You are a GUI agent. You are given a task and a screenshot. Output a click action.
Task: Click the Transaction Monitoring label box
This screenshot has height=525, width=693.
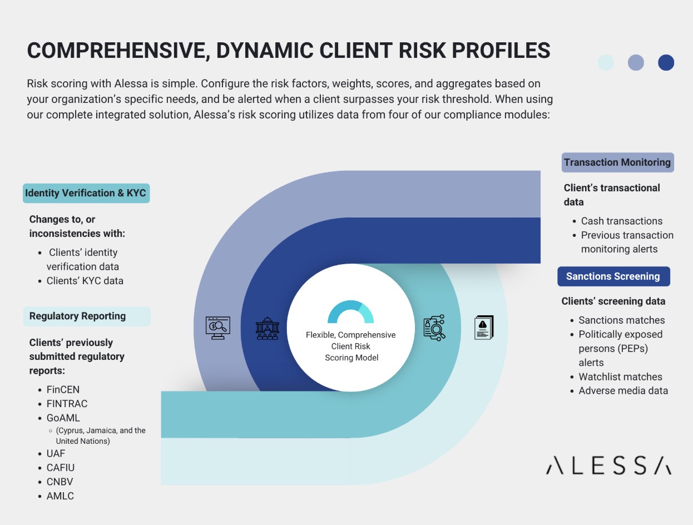[617, 162]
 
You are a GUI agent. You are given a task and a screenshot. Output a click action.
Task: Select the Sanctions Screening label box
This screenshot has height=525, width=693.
[613, 276]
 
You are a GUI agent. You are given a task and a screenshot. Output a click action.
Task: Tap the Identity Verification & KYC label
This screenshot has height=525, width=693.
[86, 193]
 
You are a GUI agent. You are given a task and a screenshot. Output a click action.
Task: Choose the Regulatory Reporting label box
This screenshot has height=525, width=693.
[86, 316]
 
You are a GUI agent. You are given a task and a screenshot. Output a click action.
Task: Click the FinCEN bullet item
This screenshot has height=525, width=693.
[63, 389]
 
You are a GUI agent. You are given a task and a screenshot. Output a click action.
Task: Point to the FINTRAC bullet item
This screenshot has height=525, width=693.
[67, 404]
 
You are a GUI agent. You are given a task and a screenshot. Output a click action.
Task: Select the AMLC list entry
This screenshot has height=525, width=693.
[60, 496]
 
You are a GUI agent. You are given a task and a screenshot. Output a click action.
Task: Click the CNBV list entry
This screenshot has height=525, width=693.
[60, 482]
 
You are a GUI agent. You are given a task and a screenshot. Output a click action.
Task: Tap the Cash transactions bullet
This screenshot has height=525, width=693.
[621, 221]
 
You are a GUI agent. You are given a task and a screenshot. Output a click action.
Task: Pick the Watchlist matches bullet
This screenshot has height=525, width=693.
[620, 377]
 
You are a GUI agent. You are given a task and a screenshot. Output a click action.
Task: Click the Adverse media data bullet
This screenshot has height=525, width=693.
[623, 390]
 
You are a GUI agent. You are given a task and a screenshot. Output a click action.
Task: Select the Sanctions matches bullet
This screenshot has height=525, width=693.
[621, 320]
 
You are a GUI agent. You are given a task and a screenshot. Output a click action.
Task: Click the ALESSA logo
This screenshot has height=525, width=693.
[608, 465]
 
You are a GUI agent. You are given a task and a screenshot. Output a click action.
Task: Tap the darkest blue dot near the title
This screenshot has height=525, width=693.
[666, 62]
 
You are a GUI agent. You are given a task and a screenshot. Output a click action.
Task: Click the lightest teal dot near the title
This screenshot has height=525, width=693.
[605, 62]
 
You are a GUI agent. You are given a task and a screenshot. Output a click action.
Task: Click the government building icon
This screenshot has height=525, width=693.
[267, 329]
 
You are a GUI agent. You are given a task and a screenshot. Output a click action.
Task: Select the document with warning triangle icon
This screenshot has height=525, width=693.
[483, 328]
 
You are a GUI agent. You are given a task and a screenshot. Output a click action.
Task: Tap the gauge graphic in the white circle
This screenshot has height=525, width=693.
[350, 313]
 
